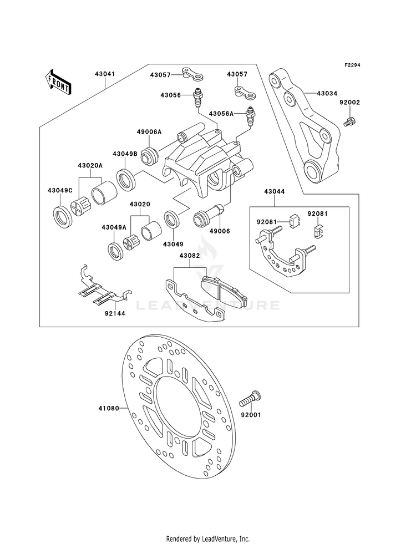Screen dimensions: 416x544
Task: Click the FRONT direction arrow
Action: point(58,82)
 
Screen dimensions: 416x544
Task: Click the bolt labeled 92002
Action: point(350,122)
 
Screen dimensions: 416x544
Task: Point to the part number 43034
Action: point(327,94)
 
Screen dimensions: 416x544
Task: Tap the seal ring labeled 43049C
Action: point(63,217)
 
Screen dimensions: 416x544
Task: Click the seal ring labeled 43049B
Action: point(125,179)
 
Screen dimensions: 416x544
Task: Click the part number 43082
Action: point(190,256)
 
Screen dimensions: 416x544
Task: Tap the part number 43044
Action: point(275,191)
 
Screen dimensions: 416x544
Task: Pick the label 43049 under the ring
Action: point(173,244)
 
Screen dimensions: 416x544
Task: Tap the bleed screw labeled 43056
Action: point(197,98)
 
